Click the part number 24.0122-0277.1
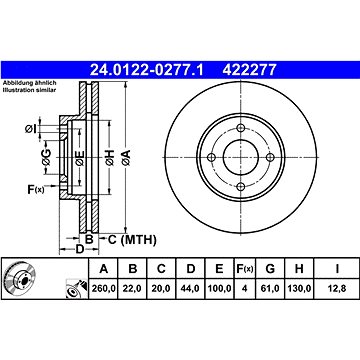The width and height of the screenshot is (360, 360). tap(147, 70)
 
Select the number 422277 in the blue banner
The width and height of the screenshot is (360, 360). tap(249, 70)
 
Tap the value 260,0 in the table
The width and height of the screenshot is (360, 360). tap(104, 289)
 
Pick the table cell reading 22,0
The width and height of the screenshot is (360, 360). tap(133, 289)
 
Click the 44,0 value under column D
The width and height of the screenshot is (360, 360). tap(190, 289)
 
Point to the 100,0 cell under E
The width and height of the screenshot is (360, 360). tap(219, 289)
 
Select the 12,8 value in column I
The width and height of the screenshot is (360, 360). tap(337, 289)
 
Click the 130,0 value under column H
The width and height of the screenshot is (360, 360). tap(299, 289)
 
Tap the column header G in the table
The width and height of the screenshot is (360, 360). tap(270, 269)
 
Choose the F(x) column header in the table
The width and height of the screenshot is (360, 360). tap(245, 269)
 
